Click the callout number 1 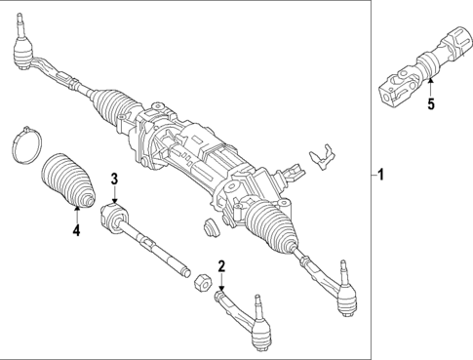tap(382, 176)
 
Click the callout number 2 tap(221, 266)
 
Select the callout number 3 tap(114, 179)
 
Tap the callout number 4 tap(75, 231)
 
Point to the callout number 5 tap(430, 103)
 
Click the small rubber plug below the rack tap(207, 228)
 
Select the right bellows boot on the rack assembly tap(270, 226)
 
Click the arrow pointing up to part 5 tap(430, 89)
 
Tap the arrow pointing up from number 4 tap(75, 216)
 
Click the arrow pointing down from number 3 tap(114, 193)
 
